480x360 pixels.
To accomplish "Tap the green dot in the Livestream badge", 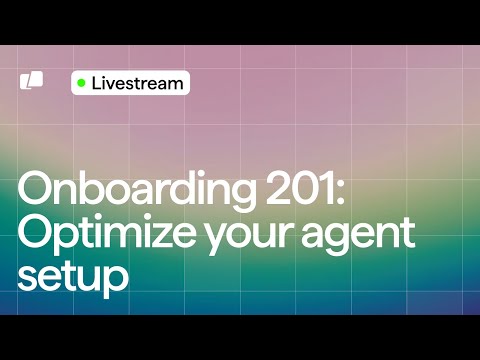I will click(82, 83).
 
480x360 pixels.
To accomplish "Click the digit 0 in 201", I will click(299, 188).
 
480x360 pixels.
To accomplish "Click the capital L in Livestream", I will click(96, 83).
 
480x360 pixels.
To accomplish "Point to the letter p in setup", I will click(117, 280).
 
